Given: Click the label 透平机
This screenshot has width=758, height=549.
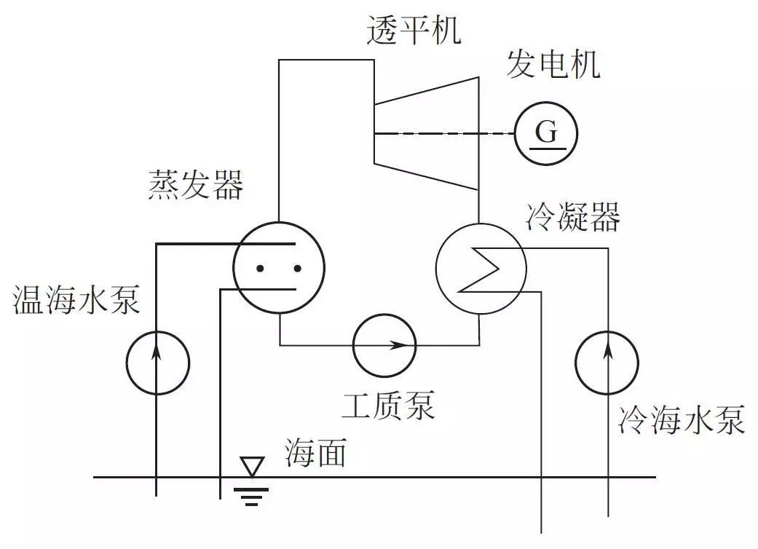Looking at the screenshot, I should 414,30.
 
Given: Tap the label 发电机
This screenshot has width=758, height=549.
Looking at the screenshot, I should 553,65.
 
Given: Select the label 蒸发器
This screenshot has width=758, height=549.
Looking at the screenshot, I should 195,186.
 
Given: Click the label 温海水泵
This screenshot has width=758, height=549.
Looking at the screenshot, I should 76,300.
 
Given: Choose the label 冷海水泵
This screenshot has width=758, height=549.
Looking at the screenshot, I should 682,420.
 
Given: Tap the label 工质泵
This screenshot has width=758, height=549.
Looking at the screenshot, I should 388,406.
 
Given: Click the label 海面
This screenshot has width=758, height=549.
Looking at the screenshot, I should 315,454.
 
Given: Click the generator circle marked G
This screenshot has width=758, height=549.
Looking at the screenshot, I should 546,133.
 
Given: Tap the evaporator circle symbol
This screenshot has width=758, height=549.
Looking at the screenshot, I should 278,267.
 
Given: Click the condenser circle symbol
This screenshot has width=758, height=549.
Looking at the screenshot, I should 480,267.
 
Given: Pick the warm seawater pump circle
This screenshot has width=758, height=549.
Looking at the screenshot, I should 157,361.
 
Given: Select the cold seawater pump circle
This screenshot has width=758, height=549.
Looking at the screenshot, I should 607,361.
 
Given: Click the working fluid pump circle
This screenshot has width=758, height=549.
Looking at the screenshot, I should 384,344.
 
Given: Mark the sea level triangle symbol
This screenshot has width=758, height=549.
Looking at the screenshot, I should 252,467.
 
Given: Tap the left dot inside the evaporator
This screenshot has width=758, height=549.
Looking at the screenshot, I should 260,269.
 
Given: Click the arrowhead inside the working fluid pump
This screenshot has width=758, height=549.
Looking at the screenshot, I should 399,344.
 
